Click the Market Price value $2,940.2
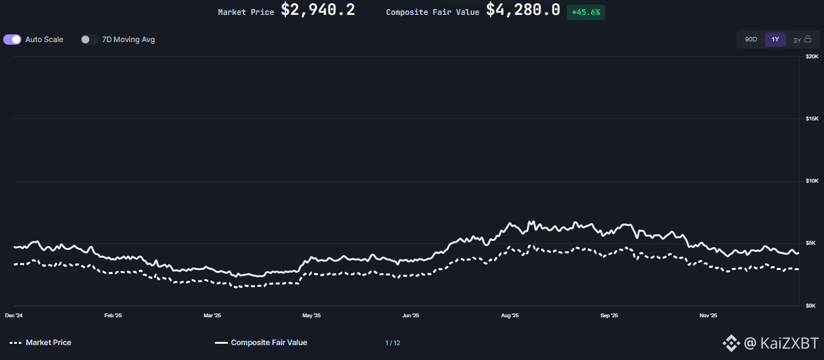click(x=317, y=10)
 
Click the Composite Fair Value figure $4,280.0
click(x=523, y=10)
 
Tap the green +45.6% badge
click(x=586, y=12)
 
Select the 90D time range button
click(x=751, y=39)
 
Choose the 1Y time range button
click(x=775, y=39)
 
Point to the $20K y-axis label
click(x=811, y=57)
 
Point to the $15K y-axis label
click(x=811, y=118)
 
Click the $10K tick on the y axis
click(x=811, y=181)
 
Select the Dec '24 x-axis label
click(x=14, y=316)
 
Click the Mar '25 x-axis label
click(x=212, y=316)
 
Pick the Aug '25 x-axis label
click(x=510, y=316)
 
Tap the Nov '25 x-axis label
click(x=708, y=316)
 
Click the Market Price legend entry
click(x=41, y=343)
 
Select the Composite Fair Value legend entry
click(x=261, y=343)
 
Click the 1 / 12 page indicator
click(x=392, y=343)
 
